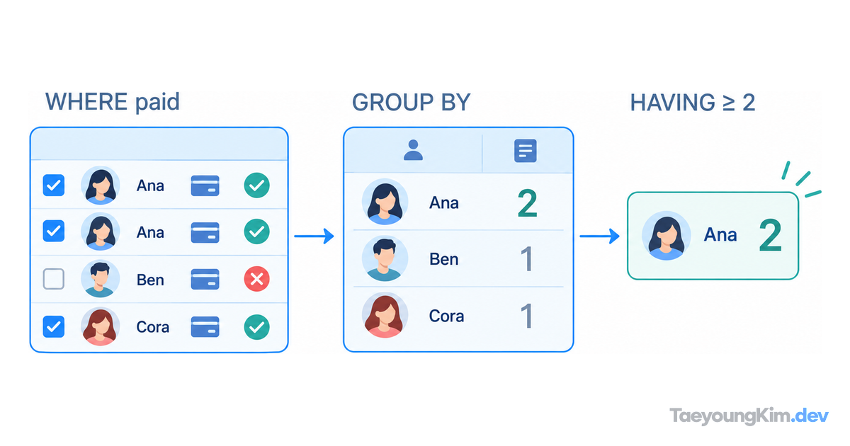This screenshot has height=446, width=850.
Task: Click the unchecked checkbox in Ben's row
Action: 54,279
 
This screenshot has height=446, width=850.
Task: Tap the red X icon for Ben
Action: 257,279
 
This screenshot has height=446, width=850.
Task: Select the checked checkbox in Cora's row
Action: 54,326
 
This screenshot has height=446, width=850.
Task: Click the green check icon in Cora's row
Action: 257,327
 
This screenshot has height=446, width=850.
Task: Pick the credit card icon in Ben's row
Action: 205,280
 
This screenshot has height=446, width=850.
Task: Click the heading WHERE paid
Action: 113,102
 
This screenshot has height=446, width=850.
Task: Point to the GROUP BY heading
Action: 412,102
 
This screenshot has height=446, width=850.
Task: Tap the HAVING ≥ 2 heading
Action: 693,103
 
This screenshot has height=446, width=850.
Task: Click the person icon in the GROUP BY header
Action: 413,150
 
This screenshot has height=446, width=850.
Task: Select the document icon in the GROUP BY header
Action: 526,151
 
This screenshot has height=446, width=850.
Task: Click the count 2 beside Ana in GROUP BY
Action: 528,203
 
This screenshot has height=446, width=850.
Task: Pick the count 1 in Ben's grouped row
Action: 528,259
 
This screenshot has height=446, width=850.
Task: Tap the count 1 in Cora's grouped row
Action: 528,316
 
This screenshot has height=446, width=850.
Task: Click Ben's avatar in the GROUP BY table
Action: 385,258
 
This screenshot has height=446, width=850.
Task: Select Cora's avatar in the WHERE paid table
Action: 100,327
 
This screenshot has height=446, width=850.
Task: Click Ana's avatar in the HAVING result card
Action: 666,236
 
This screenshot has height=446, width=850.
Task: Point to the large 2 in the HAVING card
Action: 771,236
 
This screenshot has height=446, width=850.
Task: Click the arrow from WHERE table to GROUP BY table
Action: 314,236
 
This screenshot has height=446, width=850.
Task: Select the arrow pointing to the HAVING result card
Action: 599,236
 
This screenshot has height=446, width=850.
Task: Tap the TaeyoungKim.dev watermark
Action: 749,416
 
